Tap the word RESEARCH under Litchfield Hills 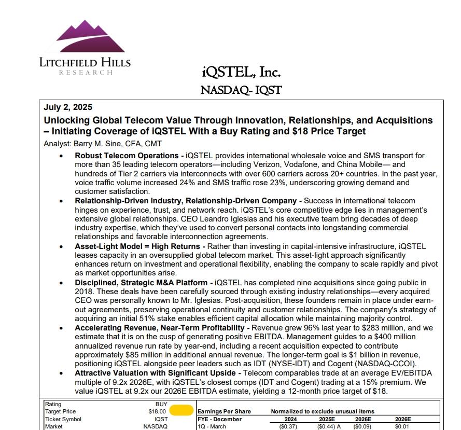pos(86,73)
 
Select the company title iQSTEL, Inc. pos(241,72)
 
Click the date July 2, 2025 pos(68,107)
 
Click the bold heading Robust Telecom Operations pos(127,156)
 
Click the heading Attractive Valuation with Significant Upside pos(157,373)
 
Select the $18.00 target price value pos(157,411)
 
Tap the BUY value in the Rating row pos(161,404)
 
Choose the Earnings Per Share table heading pos(224,411)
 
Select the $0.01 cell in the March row pos(402,426)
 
